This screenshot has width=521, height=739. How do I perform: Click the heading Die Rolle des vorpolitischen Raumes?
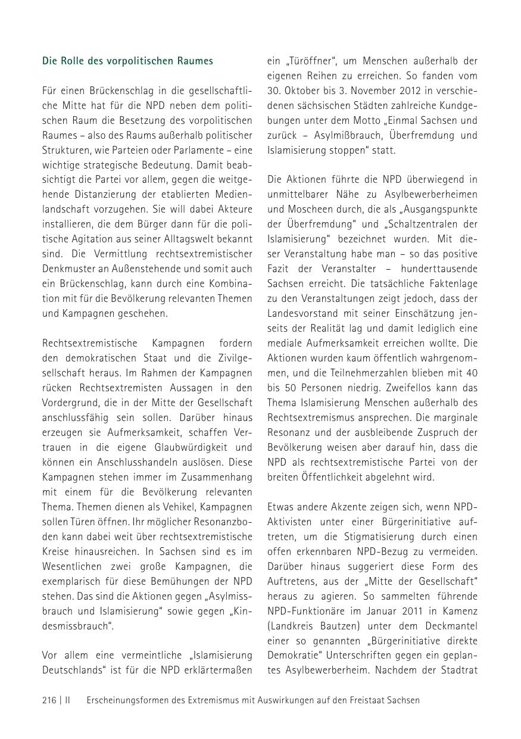click(x=127, y=61)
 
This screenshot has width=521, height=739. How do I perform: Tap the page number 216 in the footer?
click(x=49, y=700)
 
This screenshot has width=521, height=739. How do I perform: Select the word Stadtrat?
click(x=458, y=671)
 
